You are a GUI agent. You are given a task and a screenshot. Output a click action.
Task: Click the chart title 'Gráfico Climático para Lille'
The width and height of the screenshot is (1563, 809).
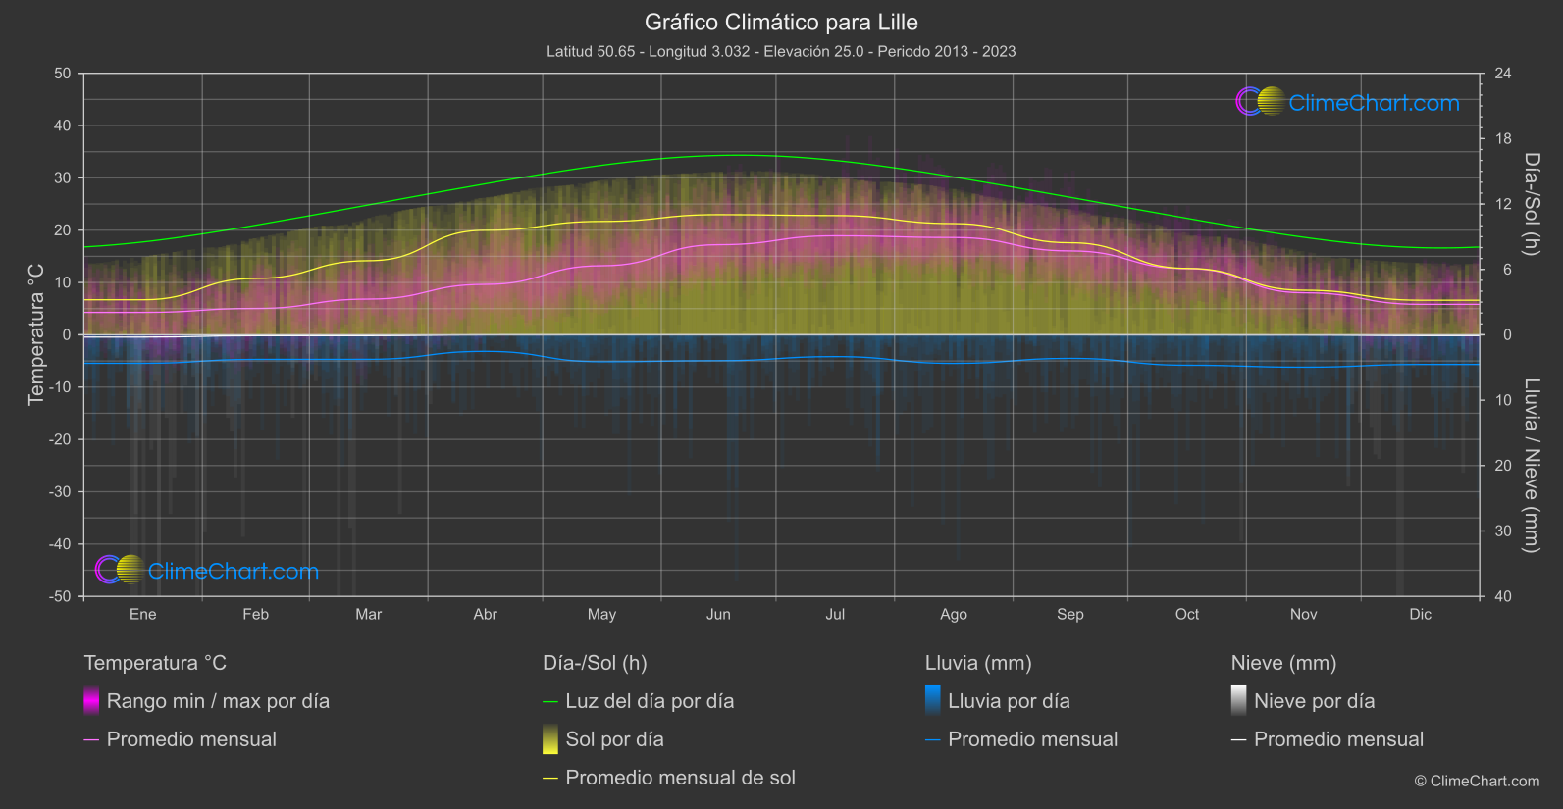click(781, 22)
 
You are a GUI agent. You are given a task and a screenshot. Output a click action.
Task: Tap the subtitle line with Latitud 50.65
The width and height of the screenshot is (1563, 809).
click(781, 51)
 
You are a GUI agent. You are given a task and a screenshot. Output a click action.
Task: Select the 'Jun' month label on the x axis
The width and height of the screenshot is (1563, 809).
click(718, 614)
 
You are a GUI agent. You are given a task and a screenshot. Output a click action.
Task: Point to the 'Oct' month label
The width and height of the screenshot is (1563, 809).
click(1187, 614)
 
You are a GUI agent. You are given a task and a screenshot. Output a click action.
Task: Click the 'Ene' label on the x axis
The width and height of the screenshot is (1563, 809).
click(143, 614)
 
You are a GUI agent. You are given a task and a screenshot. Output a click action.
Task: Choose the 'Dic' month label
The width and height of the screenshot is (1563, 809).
click(1420, 614)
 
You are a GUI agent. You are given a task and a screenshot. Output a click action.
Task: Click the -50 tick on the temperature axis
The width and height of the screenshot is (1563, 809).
click(61, 596)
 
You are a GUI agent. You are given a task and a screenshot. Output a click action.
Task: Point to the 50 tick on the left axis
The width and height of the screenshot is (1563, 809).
click(63, 74)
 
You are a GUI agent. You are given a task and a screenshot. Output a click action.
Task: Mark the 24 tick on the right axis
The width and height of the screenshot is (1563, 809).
click(1502, 74)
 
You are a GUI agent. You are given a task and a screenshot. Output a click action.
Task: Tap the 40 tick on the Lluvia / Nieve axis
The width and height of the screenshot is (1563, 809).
click(1502, 596)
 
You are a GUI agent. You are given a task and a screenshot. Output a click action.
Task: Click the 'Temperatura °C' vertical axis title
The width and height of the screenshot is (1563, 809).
click(36, 334)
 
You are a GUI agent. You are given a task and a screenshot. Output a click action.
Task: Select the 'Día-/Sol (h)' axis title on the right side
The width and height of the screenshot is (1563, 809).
click(1532, 204)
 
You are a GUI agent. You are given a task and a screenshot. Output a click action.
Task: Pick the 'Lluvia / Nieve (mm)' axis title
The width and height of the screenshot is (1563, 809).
click(1532, 466)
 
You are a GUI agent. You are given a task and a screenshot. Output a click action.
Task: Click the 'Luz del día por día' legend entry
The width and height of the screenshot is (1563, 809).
click(650, 701)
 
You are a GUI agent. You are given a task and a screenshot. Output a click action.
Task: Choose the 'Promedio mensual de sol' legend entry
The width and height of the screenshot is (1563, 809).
click(680, 778)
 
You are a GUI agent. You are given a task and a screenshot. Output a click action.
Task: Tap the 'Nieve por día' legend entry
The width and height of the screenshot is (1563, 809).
click(1314, 701)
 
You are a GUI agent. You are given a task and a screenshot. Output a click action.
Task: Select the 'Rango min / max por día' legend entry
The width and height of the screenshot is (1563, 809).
click(218, 701)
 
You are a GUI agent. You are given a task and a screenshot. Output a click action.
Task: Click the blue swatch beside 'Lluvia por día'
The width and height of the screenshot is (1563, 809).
click(933, 700)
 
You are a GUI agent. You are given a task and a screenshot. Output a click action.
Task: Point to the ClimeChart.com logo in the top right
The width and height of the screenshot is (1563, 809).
click(1348, 102)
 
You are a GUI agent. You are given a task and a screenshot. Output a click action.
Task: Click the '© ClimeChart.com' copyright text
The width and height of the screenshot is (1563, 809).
click(1477, 781)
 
